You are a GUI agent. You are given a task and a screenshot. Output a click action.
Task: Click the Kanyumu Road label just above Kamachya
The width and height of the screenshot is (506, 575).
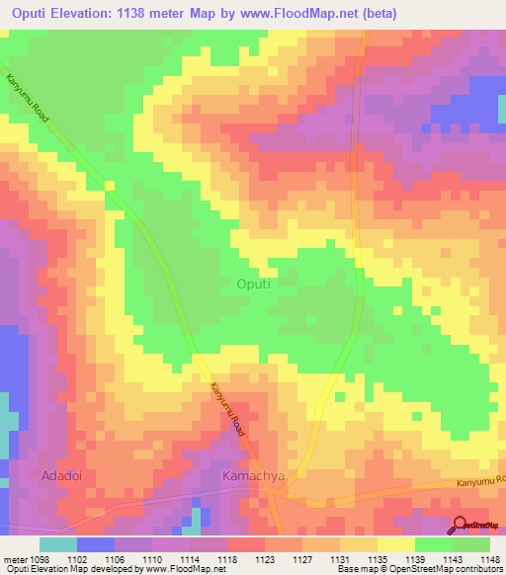[x=226, y=410]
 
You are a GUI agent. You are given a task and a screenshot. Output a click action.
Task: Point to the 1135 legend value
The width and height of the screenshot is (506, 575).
[x=378, y=560]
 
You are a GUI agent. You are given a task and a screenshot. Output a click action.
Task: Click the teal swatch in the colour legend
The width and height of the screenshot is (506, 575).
[x=58, y=544]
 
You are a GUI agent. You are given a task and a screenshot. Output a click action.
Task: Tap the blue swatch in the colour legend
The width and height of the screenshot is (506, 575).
[x=96, y=544]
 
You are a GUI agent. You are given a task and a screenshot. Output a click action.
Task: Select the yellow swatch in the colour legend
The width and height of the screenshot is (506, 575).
[x=395, y=544]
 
